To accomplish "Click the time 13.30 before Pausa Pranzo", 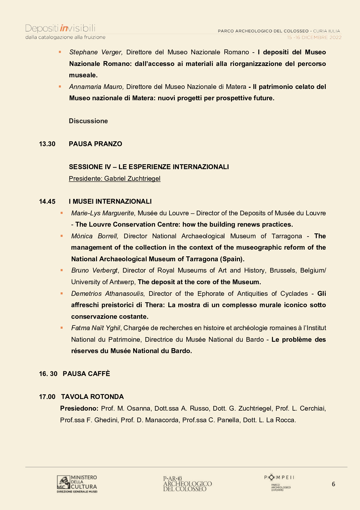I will [47, 144].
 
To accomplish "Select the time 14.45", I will [47, 201].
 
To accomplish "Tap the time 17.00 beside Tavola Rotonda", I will [47, 397].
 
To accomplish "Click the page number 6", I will [333, 484].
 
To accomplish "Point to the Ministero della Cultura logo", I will [77, 484].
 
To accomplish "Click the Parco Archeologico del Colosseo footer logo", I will [187, 484].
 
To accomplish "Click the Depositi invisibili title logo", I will [60, 28].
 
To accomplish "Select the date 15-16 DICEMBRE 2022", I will [314, 37].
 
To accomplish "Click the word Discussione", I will [88, 121].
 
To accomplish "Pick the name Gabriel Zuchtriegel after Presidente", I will [132, 178].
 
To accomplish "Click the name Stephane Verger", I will [96, 52].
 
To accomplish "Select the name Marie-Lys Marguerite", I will [102, 213].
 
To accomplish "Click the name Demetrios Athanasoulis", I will [107, 294].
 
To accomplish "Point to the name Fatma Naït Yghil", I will [96, 328].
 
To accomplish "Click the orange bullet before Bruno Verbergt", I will [62, 270].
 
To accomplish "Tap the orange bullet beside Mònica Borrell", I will [62, 236].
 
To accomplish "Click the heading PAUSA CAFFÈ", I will [86, 374].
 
